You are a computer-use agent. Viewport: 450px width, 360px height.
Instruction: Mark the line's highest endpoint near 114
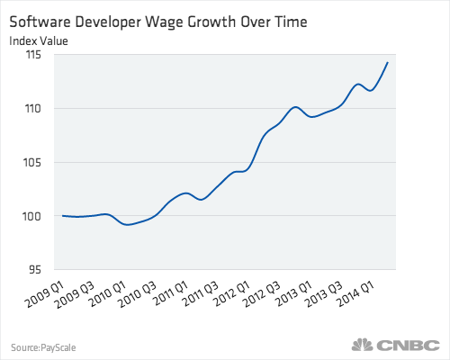pyautogui.click(x=388, y=62)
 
